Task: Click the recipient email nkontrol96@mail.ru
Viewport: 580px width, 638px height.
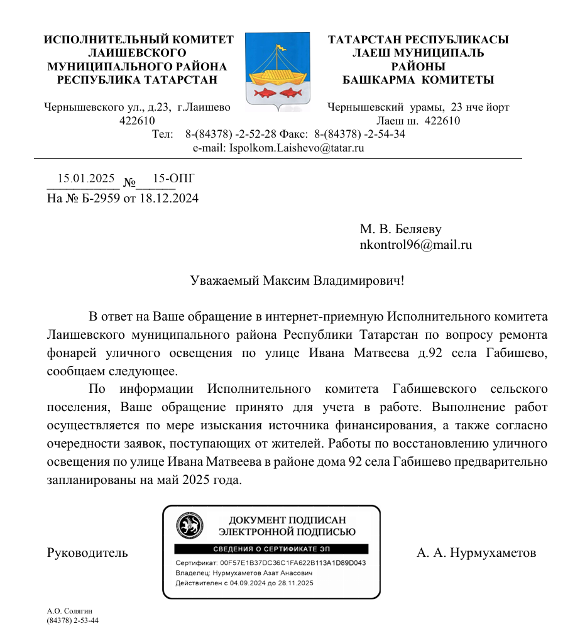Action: pyautogui.click(x=415, y=245)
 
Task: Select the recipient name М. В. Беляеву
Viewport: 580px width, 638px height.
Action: pyautogui.click(x=405, y=229)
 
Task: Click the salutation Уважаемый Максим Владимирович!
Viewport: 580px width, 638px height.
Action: pyautogui.click(x=297, y=280)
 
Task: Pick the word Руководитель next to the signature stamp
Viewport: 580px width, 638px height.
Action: pyautogui.click(x=87, y=553)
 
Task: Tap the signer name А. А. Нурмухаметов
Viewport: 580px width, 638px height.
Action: pyautogui.click(x=476, y=553)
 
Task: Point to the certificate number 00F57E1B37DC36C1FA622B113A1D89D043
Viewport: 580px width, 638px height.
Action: pyautogui.click(x=293, y=563)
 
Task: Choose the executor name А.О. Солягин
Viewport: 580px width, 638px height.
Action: pyautogui.click(x=70, y=611)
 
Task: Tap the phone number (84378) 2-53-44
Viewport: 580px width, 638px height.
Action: pyautogui.click(x=73, y=620)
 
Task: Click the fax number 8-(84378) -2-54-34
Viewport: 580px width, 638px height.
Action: pyautogui.click(x=359, y=135)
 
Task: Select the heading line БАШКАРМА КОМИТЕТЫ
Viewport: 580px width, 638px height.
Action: pyautogui.click(x=418, y=80)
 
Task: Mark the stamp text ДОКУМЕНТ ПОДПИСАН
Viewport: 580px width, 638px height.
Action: pyautogui.click(x=287, y=520)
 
